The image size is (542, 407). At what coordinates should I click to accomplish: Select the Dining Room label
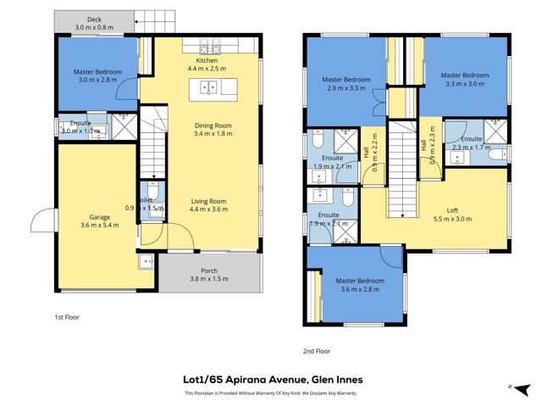point(213,125)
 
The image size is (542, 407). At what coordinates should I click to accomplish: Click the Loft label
point(457,210)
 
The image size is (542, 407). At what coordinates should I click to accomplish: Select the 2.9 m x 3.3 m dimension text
point(344,87)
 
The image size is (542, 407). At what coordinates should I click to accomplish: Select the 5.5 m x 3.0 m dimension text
point(457,219)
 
